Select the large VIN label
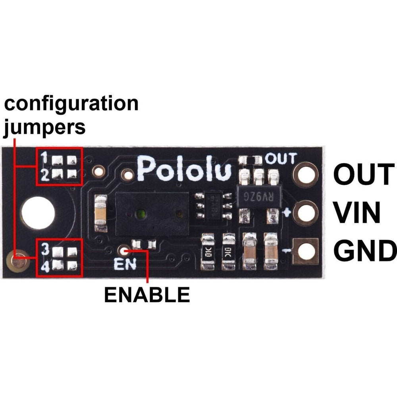(357, 213)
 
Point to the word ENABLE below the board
(147, 295)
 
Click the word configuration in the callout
(71, 104)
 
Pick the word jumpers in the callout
(44, 127)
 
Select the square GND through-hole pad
(306, 251)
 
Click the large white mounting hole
(38, 212)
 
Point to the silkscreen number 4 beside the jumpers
(45, 267)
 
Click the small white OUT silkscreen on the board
(281, 159)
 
